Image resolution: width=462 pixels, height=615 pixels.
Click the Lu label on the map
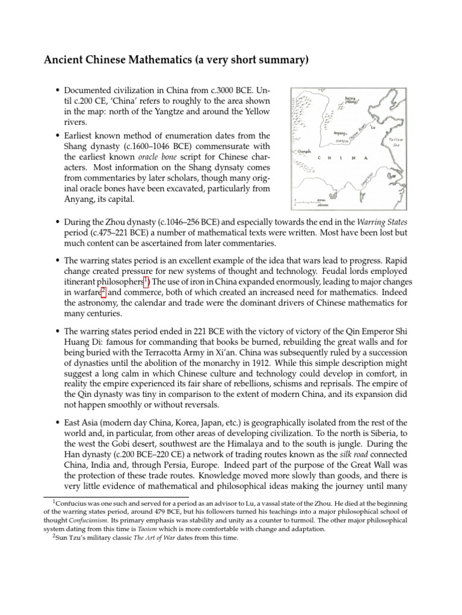tap(373, 127)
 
